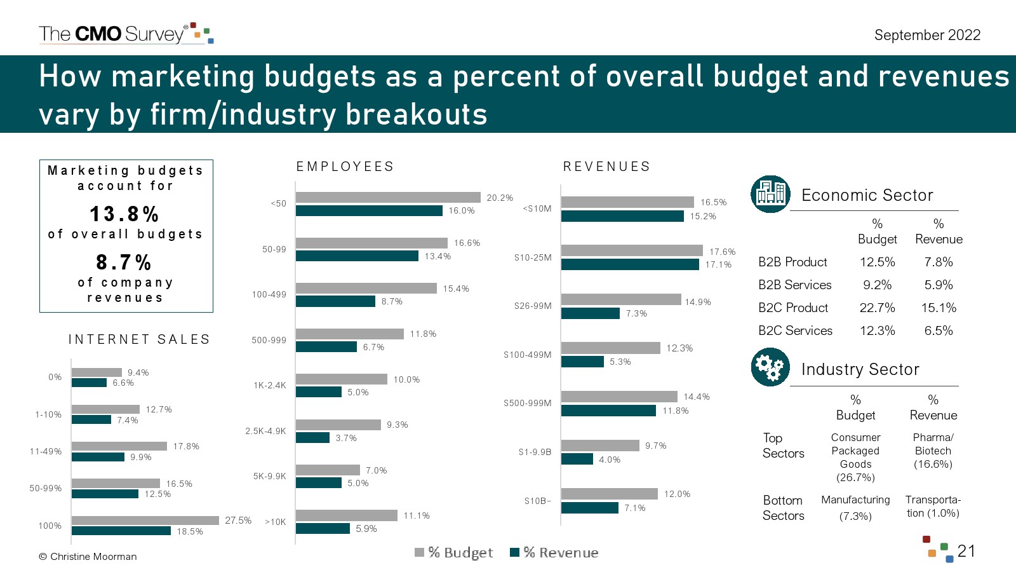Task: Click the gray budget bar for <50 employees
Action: click(387, 198)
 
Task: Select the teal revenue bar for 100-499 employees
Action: click(335, 301)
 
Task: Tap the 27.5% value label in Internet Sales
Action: click(238, 521)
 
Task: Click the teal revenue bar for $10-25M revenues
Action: click(629, 264)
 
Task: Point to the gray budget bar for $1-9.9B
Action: click(600, 446)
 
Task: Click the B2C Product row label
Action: click(793, 308)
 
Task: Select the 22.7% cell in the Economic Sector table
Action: click(877, 308)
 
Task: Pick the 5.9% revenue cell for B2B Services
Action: click(939, 285)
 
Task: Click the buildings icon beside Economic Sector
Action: click(770, 194)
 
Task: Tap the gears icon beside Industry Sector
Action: click(770, 367)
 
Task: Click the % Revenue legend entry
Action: click(554, 552)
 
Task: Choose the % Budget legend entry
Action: click(454, 552)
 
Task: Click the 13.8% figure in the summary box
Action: click(124, 214)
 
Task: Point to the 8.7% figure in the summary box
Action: click(124, 262)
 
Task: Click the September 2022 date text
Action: click(927, 35)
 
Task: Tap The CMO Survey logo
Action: click(125, 34)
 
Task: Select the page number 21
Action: click(966, 550)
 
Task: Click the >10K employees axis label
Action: click(276, 522)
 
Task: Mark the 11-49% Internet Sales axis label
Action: click(46, 452)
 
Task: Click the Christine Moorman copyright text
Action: click(88, 557)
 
